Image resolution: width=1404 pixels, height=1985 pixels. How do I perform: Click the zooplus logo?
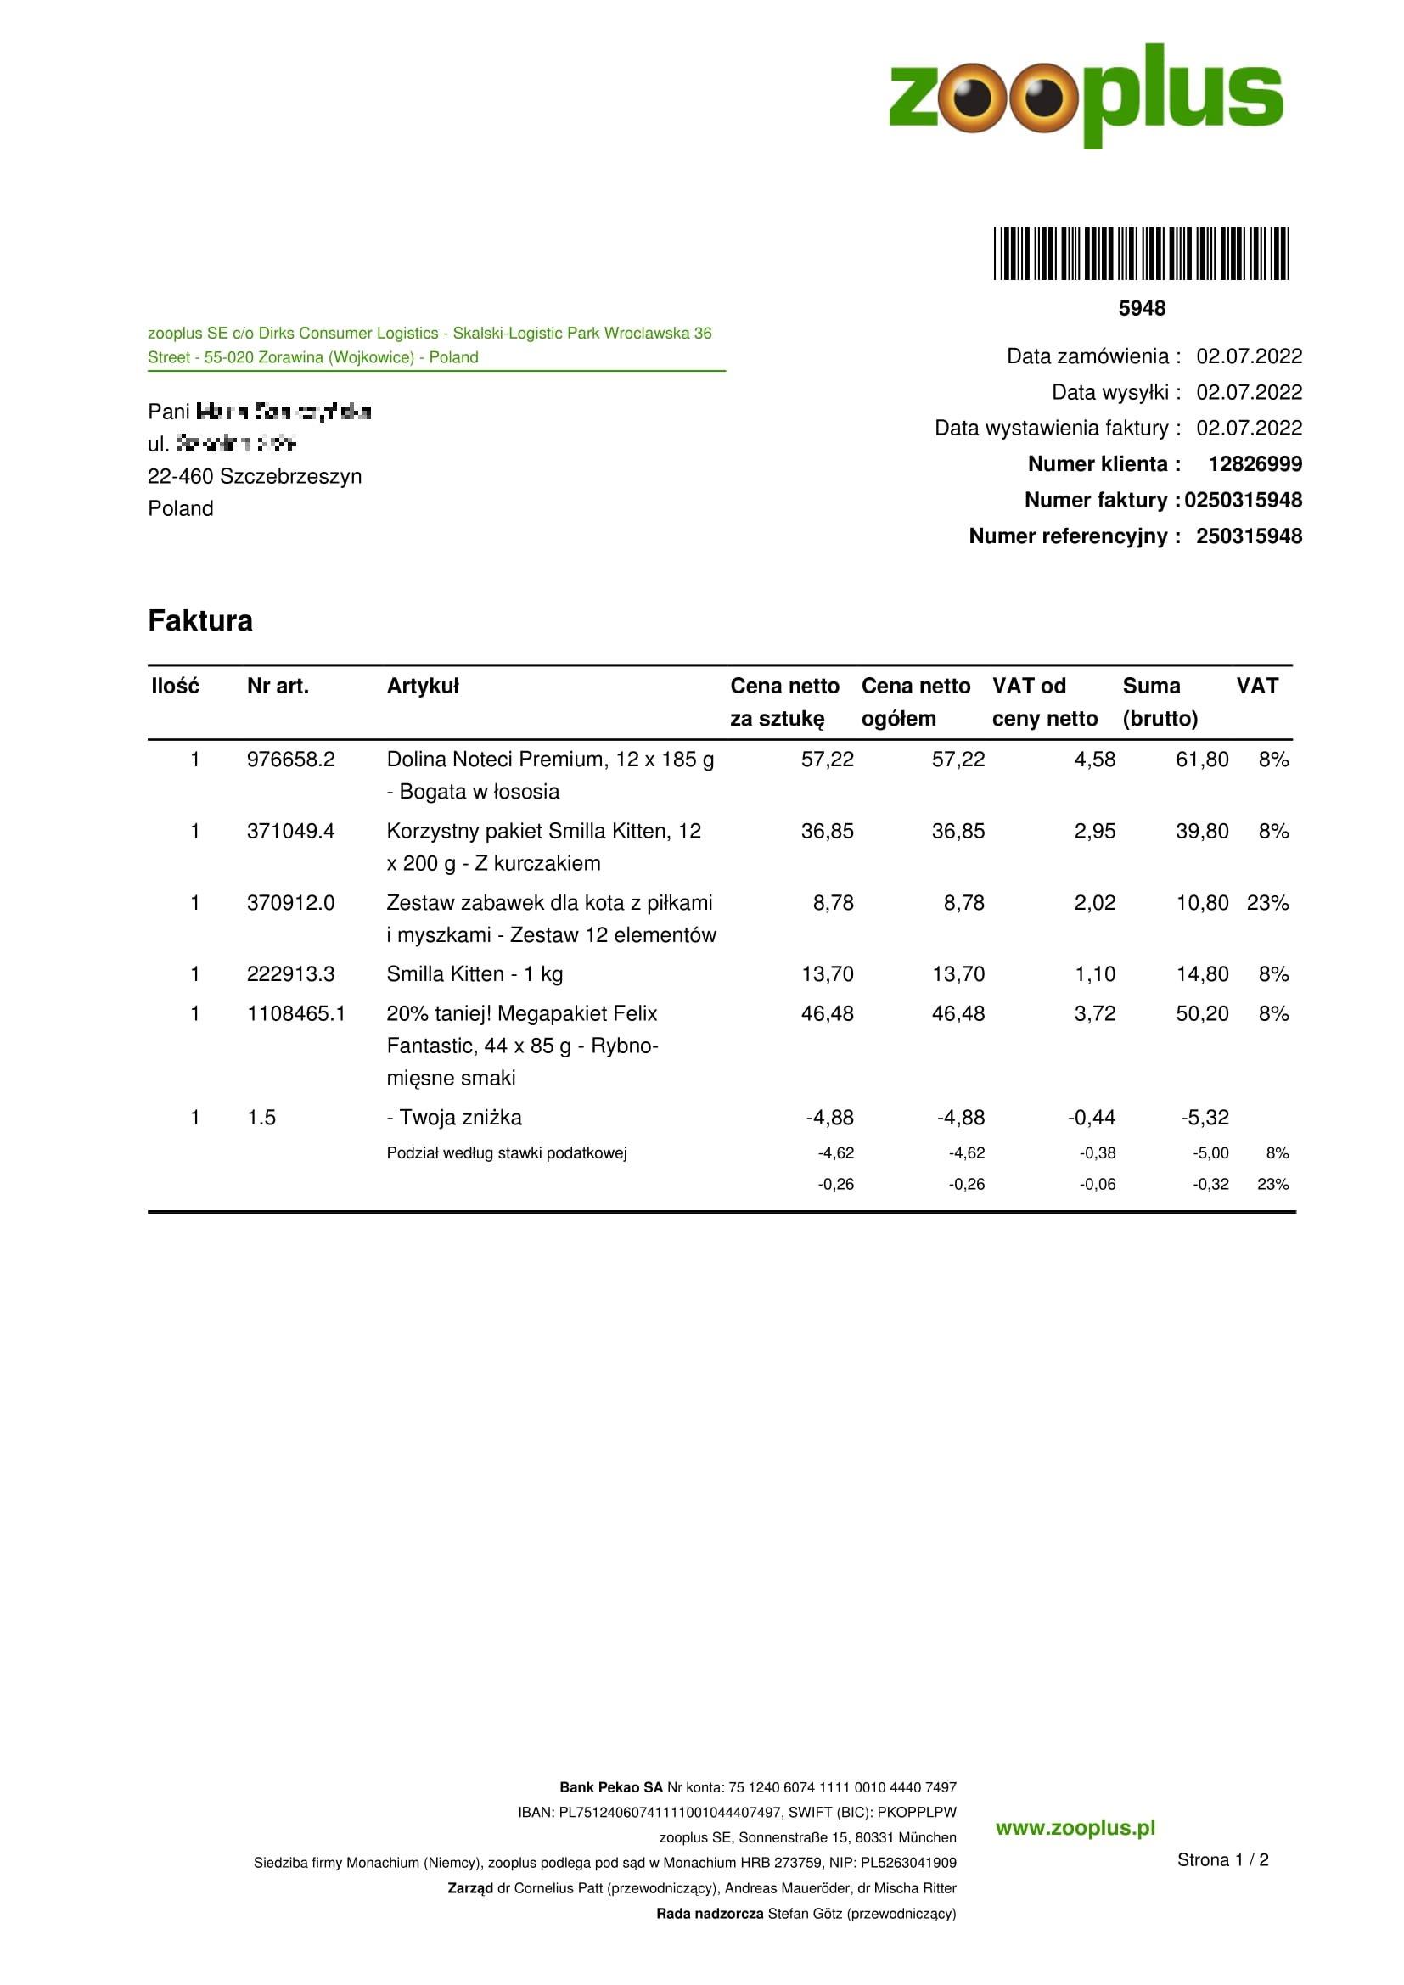pos(1086,94)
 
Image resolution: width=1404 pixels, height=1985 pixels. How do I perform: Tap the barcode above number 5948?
pos(1141,253)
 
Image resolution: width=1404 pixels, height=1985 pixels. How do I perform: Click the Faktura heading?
pos(199,620)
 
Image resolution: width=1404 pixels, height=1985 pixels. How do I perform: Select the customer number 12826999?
pos(1255,464)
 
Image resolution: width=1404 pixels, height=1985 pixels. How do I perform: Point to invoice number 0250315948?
pos(1243,501)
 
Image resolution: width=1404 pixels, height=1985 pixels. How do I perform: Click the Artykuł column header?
pos(423,686)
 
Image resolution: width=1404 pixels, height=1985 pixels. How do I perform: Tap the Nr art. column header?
pos(278,686)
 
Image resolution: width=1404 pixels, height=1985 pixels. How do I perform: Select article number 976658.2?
pos(290,759)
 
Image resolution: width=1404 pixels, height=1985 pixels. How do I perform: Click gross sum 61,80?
pos(1202,759)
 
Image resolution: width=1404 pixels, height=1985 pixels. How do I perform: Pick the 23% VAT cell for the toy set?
pos(1267,903)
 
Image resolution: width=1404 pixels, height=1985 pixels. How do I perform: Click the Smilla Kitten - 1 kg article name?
pos(475,974)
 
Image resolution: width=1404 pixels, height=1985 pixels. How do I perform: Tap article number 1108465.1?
pos(295,1013)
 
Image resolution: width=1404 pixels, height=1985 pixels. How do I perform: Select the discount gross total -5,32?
pos(1205,1117)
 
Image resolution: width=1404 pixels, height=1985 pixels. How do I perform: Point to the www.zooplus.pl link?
pos(1075,1828)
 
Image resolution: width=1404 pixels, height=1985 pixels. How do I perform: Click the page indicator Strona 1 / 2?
pos(1222,1859)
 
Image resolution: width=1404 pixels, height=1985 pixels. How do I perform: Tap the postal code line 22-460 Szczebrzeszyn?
pos(255,476)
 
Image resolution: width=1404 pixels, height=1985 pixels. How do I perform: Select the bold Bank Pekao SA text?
pos(610,1787)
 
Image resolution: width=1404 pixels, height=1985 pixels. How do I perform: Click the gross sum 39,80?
pos(1202,831)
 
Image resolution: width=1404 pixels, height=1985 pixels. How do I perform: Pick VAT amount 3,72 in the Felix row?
pos(1094,1013)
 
